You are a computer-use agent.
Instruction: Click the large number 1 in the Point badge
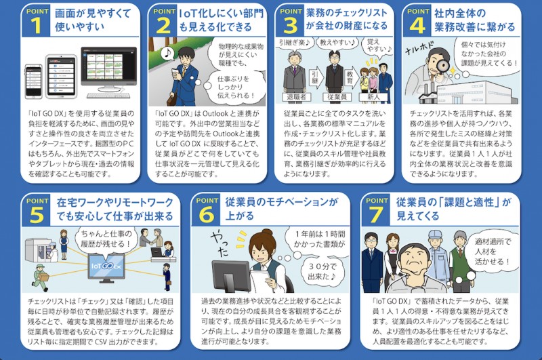coord(36,26)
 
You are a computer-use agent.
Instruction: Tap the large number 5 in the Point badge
coord(36,215)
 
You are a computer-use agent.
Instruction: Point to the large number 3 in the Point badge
coord(290,26)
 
